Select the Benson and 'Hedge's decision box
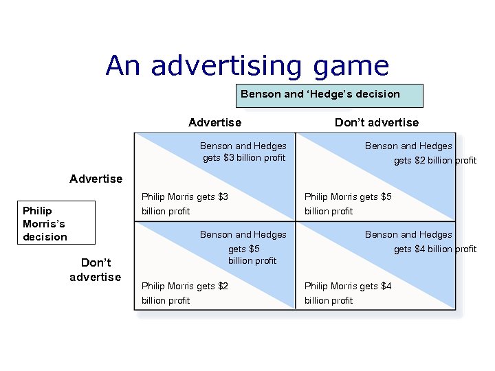[x=329, y=95]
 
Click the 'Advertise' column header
[x=214, y=122]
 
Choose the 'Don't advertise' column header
[x=376, y=122]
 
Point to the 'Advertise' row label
[x=96, y=179]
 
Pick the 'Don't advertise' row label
[x=95, y=270]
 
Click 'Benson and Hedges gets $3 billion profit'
[x=243, y=152]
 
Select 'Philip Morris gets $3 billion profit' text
[x=184, y=204]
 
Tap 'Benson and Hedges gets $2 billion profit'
[x=419, y=153]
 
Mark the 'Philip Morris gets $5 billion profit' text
[x=347, y=204]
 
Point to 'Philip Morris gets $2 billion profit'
[x=184, y=293]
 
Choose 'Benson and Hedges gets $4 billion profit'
[x=419, y=242]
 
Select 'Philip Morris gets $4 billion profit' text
[x=347, y=293]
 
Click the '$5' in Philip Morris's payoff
[x=385, y=197]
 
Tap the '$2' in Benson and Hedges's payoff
[x=420, y=161]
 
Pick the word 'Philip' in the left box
[x=37, y=210]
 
